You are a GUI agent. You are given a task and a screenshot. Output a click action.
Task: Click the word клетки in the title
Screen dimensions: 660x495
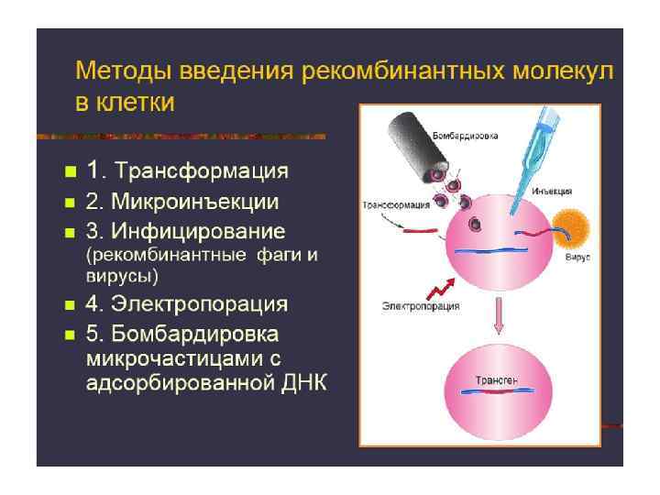click(137, 101)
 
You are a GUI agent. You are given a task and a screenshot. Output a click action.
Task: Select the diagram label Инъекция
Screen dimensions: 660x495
click(552, 191)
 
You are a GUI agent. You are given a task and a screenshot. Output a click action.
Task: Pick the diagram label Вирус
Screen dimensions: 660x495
click(577, 258)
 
